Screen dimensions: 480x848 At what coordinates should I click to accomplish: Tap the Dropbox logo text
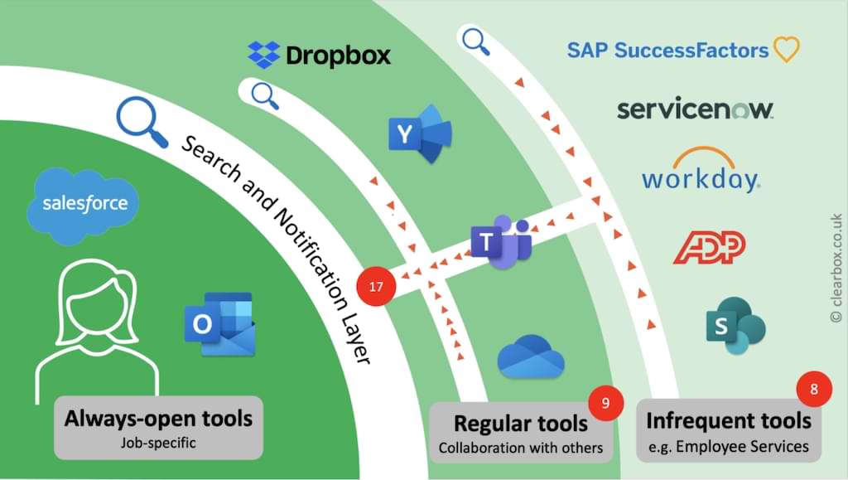337,56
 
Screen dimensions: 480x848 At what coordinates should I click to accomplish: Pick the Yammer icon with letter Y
418,134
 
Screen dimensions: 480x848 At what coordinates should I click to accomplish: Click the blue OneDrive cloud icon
531,356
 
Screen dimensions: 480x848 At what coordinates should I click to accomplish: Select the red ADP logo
709,247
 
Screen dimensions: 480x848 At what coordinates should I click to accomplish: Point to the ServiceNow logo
694,109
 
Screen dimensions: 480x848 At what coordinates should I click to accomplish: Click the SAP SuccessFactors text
667,50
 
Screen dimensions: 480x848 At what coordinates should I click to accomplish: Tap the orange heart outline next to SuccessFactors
786,50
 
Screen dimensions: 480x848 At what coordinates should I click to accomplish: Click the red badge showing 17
376,288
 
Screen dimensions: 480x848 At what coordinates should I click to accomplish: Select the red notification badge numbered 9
605,404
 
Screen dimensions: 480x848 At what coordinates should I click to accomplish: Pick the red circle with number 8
813,389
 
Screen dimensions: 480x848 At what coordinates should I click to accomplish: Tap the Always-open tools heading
158,417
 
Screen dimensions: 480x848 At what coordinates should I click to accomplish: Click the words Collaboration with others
520,448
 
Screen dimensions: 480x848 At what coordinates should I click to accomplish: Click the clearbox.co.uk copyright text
835,264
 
